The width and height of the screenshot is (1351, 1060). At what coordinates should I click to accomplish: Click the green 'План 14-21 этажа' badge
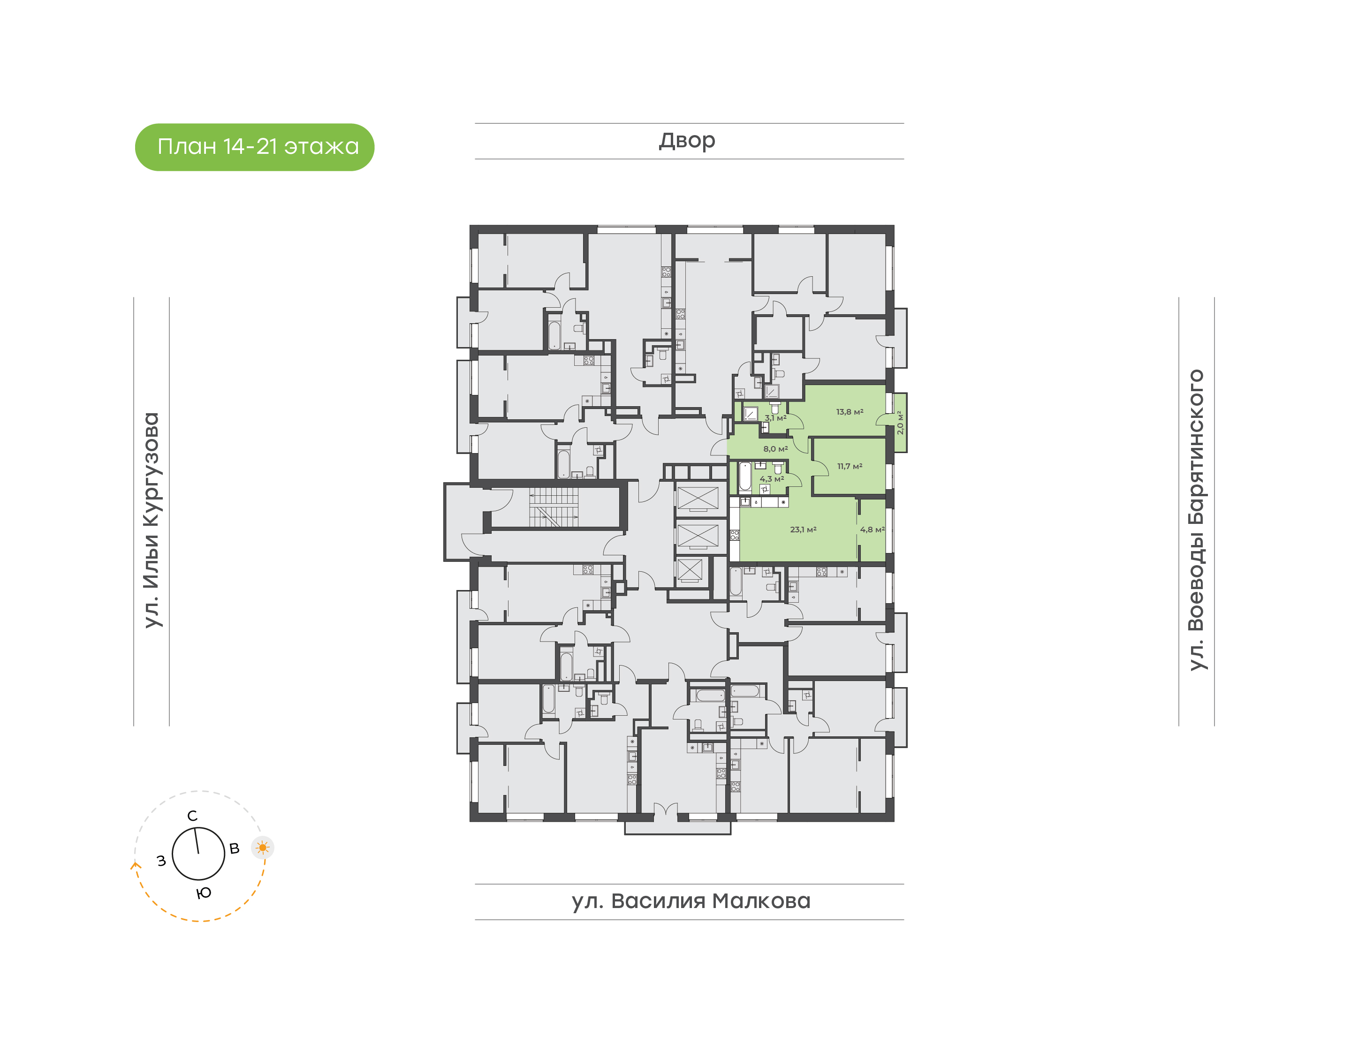click(x=254, y=147)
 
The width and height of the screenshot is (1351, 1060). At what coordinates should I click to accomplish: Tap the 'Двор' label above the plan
click(x=687, y=141)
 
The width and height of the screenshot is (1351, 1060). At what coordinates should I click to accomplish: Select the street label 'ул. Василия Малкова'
click(x=691, y=901)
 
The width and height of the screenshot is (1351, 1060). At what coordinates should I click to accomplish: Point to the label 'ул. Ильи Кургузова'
click(x=152, y=520)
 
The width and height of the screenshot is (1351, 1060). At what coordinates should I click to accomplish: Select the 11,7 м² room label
click(x=850, y=466)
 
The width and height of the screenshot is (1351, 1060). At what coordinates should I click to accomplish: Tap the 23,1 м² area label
click(x=803, y=530)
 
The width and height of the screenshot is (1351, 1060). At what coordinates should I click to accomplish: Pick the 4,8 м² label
click(x=872, y=530)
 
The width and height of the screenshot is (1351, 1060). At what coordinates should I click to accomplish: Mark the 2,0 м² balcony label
click(x=900, y=422)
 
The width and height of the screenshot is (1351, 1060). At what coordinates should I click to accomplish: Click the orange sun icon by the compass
click(x=263, y=847)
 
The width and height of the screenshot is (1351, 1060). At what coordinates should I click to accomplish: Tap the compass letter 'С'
click(x=192, y=816)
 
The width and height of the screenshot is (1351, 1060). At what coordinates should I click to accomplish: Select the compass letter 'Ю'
click(x=204, y=893)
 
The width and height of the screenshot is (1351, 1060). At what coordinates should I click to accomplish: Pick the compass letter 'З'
click(x=161, y=861)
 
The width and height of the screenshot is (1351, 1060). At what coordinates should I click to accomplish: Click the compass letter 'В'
click(x=235, y=848)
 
